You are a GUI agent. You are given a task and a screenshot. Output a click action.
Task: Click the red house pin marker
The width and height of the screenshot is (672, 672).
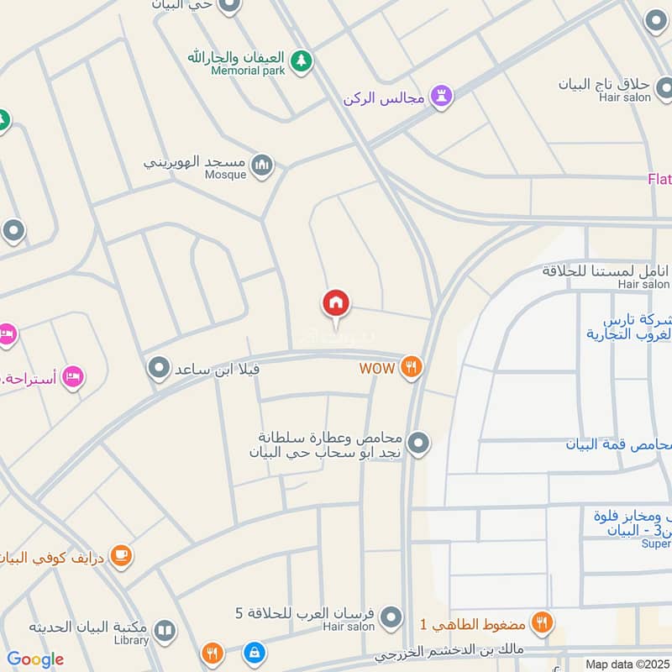click(336, 303)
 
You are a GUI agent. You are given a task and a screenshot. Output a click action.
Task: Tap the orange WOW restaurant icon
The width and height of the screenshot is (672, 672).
click(411, 367)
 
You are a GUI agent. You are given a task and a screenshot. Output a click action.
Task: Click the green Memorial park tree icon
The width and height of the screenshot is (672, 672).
click(301, 60)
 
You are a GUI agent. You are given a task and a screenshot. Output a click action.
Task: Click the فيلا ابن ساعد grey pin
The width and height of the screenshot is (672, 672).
click(158, 368)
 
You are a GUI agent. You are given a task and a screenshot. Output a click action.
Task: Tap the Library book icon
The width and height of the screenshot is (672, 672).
click(165, 630)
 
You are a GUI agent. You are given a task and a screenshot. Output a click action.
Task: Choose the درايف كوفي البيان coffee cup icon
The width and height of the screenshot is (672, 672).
click(122, 555)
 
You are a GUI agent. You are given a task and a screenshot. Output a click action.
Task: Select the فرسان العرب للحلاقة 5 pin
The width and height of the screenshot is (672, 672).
click(390, 620)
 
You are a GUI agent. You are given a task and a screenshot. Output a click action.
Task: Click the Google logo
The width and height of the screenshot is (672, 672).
click(35, 659)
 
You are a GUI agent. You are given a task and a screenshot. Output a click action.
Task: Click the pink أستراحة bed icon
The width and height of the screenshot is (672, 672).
click(73, 376)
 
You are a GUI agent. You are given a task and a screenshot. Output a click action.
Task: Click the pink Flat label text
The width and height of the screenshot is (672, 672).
click(659, 178)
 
